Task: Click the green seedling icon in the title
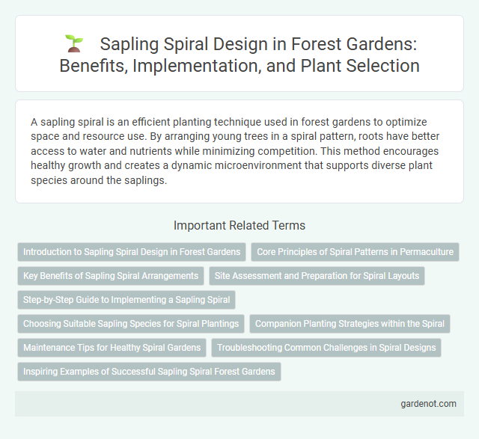[73, 44]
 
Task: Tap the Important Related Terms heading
[239, 225]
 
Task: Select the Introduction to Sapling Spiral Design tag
[131, 252]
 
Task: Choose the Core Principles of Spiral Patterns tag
[355, 252]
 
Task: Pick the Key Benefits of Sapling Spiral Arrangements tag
[111, 276]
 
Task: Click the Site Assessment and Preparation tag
[317, 276]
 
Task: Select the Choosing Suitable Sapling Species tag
[131, 324]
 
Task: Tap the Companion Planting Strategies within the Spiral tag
[350, 324]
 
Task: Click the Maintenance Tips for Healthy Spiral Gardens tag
[112, 348]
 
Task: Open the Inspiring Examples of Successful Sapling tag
[149, 372]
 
